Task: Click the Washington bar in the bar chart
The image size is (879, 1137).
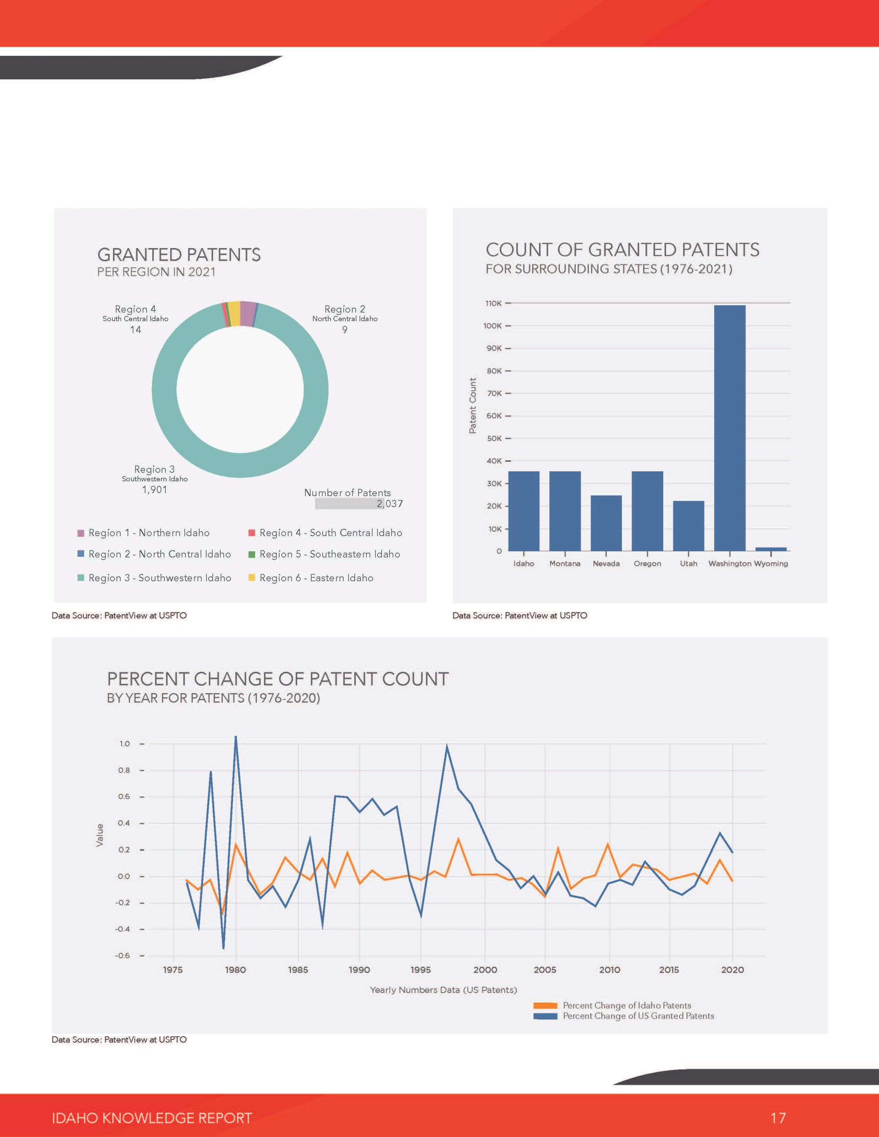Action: tap(729, 427)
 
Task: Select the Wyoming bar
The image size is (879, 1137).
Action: tap(770, 549)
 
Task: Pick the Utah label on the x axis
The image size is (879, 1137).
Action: tap(688, 563)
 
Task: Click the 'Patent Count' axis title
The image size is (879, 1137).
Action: tap(472, 405)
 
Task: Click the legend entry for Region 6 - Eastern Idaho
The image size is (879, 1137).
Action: tap(311, 578)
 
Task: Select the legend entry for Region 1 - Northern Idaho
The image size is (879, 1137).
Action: tap(143, 533)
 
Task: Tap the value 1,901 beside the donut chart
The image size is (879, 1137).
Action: tap(155, 490)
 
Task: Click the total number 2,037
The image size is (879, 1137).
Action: tap(390, 503)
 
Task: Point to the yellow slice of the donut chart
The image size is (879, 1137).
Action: tap(234, 313)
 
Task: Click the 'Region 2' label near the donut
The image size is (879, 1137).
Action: tap(345, 309)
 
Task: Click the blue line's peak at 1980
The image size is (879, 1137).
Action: tap(235, 736)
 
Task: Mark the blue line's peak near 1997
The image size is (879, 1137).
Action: tap(446, 746)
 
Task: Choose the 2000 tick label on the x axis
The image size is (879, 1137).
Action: tap(485, 970)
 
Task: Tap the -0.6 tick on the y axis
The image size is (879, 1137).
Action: tap(123, 955)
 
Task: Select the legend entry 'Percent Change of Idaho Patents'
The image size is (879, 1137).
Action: tap(612, 1005)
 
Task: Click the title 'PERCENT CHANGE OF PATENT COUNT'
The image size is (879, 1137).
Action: tap(278, 679)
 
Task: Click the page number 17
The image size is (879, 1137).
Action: tap(778, 1118)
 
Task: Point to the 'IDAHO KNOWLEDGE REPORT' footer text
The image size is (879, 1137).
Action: tap(152, 1118)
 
